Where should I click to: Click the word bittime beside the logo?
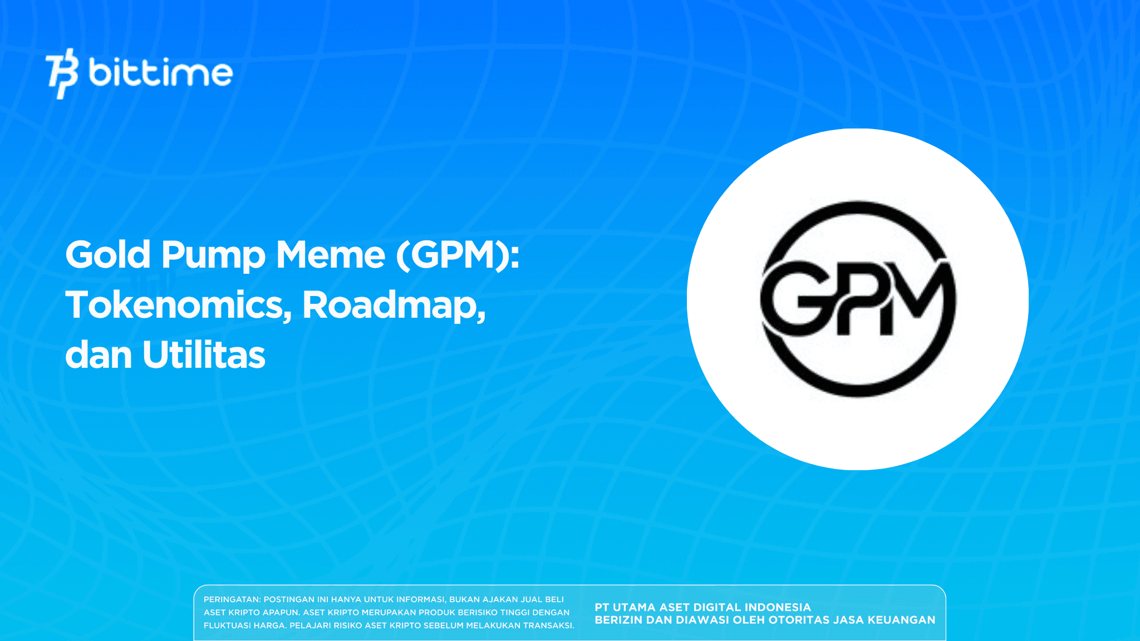click(160, 73)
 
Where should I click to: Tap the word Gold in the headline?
click(108, 255)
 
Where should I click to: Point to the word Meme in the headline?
click(331, 255)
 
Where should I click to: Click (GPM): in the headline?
click(458, 255)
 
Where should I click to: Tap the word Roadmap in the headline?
click(393, 305)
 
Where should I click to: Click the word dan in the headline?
click(98, 355)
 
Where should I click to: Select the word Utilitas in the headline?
click(204, 355)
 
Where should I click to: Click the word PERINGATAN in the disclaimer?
click(232, 599)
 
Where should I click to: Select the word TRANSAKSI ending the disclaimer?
click(548, 625)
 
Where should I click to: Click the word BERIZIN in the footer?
click(616, 620)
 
